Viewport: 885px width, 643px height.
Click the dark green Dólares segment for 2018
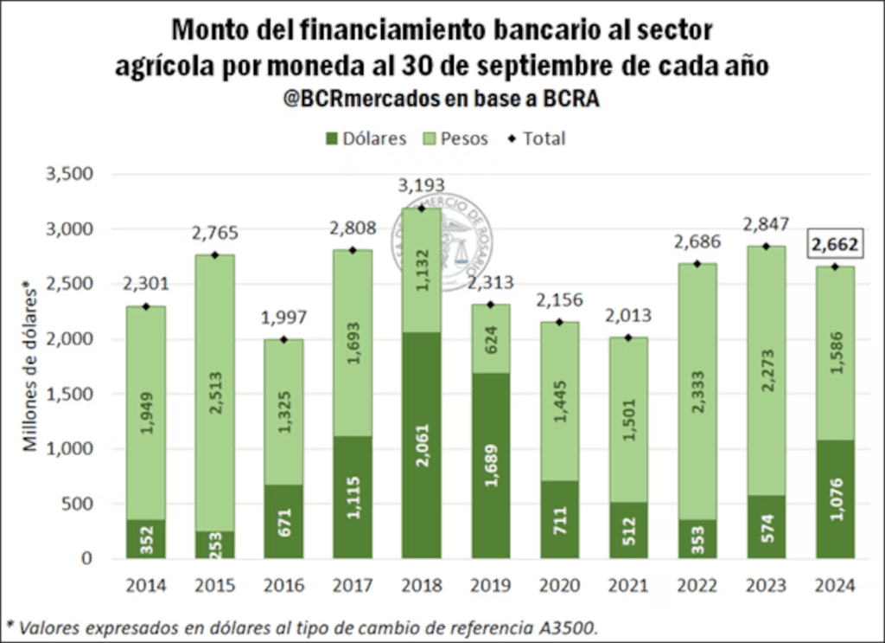tap(421, 445)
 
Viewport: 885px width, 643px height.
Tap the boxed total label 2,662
tap(835, 245)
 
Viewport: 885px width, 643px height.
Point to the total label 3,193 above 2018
tap(421, 185)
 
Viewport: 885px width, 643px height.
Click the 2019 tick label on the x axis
tap(490, 586)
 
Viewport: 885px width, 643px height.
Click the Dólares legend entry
tap(366, 138)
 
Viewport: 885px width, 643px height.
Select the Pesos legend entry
tap(455, 138)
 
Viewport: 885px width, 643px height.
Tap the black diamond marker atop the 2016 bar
tap(283, 339)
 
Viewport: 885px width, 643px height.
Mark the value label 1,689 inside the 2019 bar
tap(490, 465)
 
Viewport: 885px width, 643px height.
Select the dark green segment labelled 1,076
tap(836, 499)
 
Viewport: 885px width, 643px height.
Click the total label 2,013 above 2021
tap(628, 316)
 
